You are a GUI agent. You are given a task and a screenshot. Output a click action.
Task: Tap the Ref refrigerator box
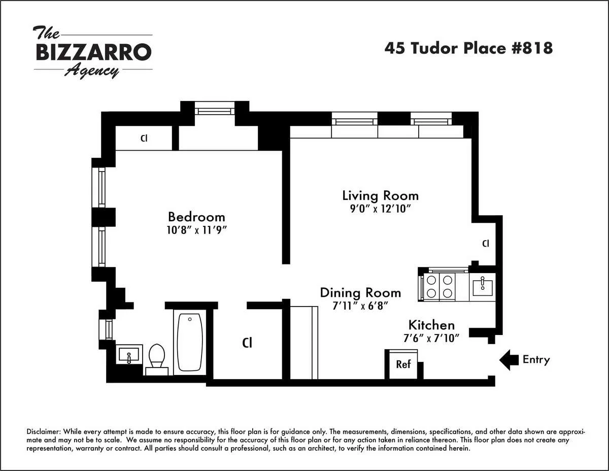coord(403,364)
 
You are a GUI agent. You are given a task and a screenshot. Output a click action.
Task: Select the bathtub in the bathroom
coord(190,342)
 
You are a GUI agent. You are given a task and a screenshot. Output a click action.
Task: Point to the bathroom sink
coord(129,354)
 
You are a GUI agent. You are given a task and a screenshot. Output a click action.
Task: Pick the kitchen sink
coord(482,286)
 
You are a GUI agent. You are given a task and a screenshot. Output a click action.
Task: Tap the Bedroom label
coord(196,217)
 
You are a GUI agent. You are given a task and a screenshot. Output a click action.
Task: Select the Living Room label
coord(380,195)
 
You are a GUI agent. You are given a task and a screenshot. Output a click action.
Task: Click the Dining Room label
coord(360,293)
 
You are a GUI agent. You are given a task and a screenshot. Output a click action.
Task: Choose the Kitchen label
coord(431,325)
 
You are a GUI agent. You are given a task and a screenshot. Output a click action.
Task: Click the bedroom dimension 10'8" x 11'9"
coord(196,229)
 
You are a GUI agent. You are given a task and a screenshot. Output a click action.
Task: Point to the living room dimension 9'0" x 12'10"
coord(380,208)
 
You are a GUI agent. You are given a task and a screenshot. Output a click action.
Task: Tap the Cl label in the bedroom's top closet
coord(144,138)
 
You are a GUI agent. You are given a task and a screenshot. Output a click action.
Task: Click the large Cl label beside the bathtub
coord(247,343)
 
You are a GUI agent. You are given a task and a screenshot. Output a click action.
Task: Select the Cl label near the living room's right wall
coord(486,244)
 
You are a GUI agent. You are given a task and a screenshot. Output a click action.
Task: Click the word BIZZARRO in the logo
coord(93,52)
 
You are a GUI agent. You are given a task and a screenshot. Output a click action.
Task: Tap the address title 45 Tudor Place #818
coord(468,48)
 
